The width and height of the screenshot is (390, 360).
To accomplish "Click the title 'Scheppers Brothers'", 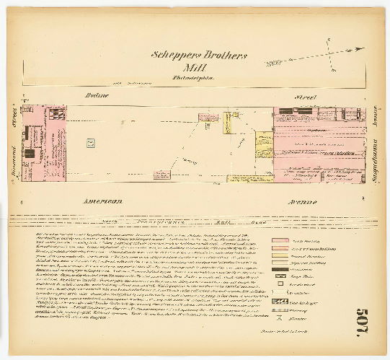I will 199,55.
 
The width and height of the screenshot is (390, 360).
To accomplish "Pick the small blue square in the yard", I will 90,143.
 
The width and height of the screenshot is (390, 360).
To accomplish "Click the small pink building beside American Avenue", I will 162,175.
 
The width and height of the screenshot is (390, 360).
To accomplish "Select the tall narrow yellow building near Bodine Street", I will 226,123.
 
